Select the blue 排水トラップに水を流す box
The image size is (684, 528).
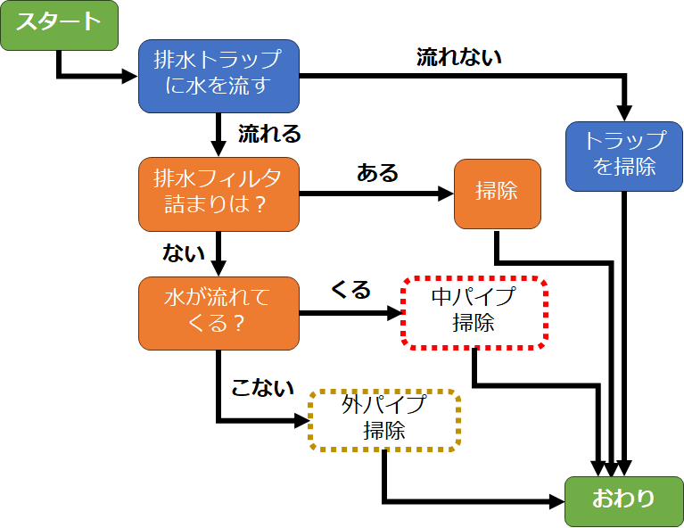[x=218, y=76]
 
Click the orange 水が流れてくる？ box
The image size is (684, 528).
[x=218, y=312]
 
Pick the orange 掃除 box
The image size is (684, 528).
[x=497, y=193]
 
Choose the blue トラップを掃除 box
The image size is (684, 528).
[x=624, y=155]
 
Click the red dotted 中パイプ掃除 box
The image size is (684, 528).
[x=474, y=311]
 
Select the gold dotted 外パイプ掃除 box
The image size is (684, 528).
[x=384, y=419]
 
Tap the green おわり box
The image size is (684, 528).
[x=622, y=500]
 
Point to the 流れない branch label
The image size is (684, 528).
[x=459, y=58]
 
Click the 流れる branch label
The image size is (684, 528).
[x=269, y=135]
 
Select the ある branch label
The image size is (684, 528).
[x=377, y=172]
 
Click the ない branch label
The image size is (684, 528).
[x=177, y=253]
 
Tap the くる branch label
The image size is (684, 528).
[x=350, y=290]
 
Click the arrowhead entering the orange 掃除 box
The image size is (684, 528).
[x=445, y=193]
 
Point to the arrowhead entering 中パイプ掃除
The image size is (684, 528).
[x=393, y=312]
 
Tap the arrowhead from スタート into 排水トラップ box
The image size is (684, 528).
[x=130, y=76]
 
